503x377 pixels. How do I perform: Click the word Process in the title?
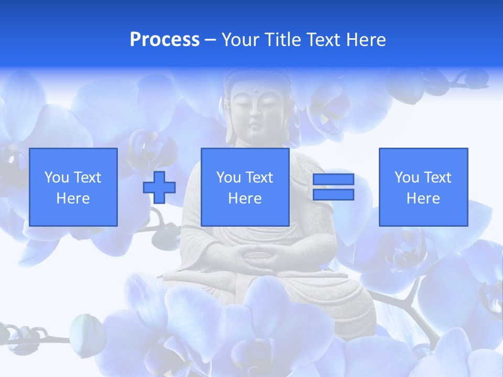click(165, 40)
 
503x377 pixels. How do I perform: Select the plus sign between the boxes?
click(159, 187)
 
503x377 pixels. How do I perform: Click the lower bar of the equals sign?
click(333, 194)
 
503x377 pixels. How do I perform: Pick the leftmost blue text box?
click(73, 187)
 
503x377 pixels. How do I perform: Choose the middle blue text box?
click(245, 187)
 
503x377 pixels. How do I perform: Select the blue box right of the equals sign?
click(423, 187)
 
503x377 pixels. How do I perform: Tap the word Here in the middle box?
click(245, 198)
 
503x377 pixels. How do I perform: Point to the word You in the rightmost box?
click(407, 178)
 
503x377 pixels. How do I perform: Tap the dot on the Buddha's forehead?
click(255, 93)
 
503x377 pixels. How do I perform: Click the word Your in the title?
click(240, 40)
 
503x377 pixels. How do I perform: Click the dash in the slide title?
click(211, 40)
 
